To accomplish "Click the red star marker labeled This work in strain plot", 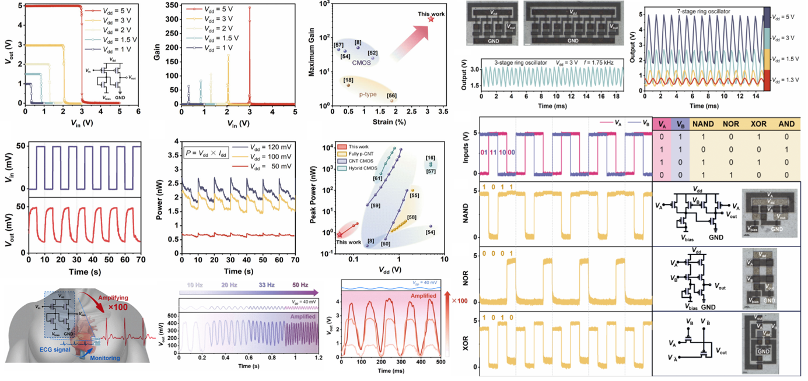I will (431, 19).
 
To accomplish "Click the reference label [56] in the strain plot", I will (392, 96).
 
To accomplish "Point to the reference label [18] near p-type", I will (348, 79).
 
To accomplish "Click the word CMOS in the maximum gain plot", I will (361, 63).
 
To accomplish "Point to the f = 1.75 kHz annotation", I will (605, 62).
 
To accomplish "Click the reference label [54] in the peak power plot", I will (431, 232).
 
